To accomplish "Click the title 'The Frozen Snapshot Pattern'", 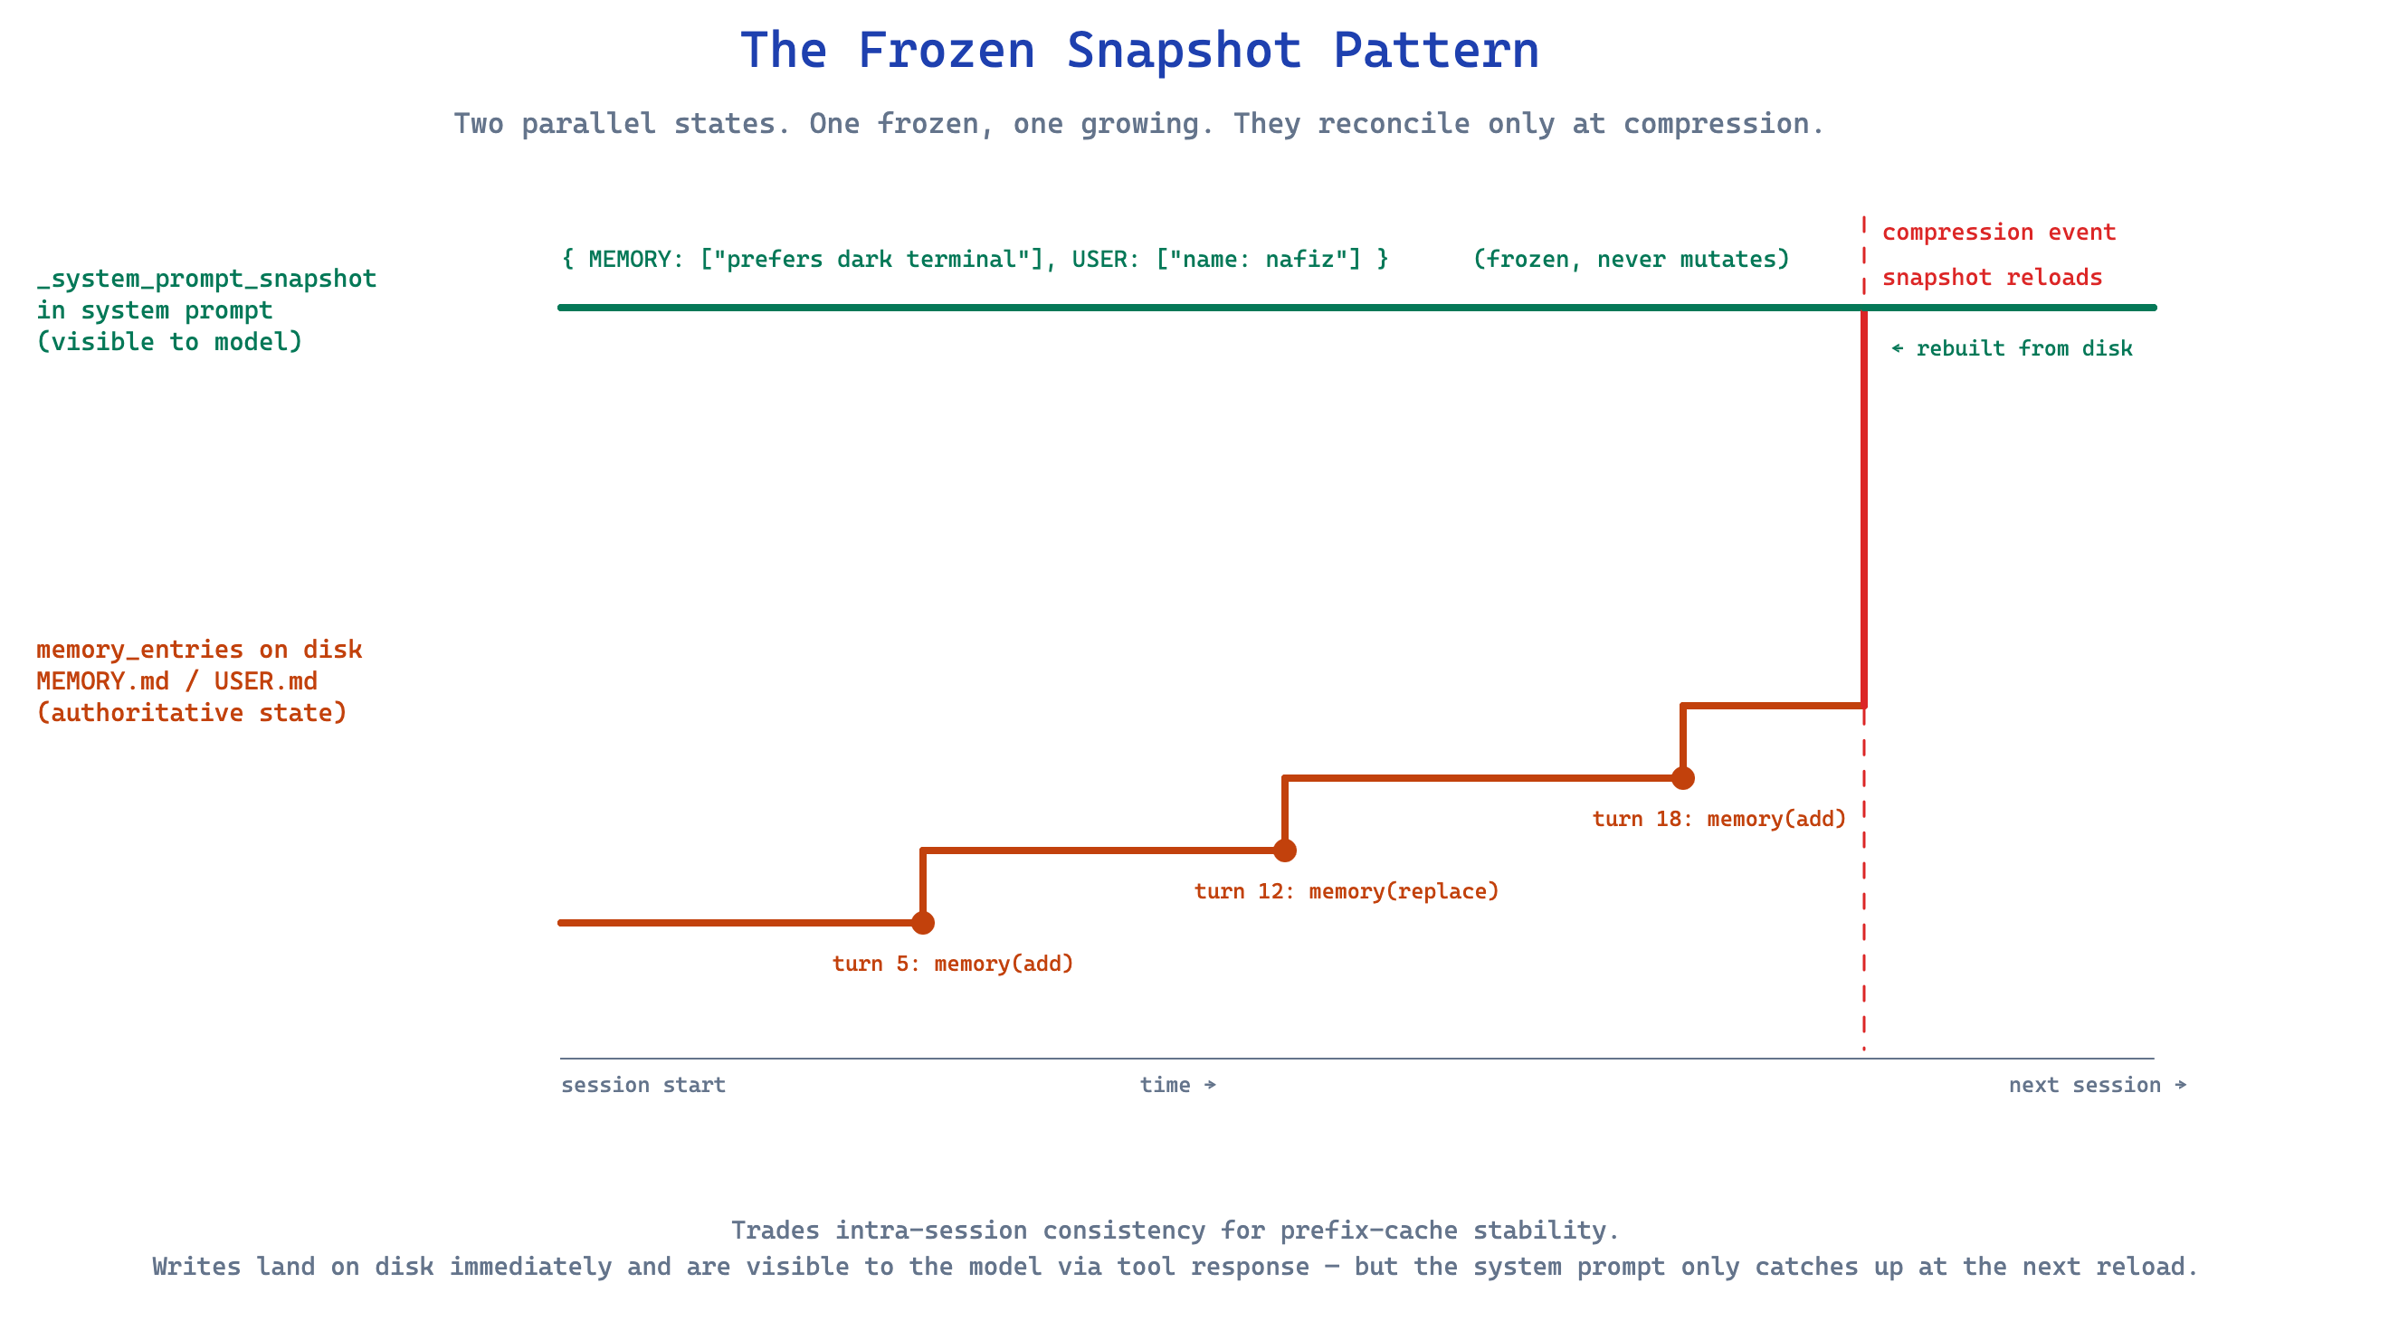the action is click(x=1139, y=50).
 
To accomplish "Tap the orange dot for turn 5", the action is click(x=923, y=922).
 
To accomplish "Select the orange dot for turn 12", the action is click(x=1284, y=851).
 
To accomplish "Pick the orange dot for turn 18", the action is click(x=1683, y=778).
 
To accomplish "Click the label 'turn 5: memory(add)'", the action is click(x=953, y=964).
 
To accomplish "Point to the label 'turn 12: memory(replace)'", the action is click(x=1347, y=891).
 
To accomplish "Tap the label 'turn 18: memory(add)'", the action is click(x=1719, y=819).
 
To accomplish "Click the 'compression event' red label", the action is click(x=1999, y=232).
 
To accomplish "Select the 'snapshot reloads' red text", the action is click(x=1992, y=277).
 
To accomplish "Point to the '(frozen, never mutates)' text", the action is click(x=1632, y=259).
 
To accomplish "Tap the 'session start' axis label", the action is click(x=642, y=1085).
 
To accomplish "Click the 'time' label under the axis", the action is click(x=1165, y=1085).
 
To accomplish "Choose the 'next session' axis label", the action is click(x=2085, y=1085).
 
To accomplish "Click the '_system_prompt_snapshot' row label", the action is click(x=207, y=278).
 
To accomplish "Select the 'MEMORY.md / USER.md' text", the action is click(x=177, y=681).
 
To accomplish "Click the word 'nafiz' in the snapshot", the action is click(x=1305, y=259).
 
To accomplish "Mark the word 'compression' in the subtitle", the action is click(x=1717, y=123).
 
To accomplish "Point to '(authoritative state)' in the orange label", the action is click(x=192, y=713).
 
